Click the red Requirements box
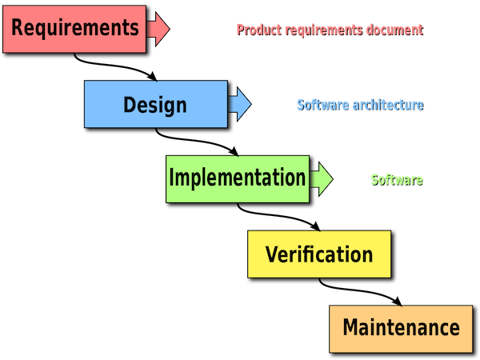click(74, 29)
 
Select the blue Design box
click(156, 104)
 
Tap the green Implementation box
click(238, 179)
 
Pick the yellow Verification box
click(319, 254)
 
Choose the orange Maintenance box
click(401, 329)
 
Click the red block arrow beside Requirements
click(158, 29)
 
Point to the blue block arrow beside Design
click(240, 104)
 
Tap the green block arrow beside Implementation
click(322, 179)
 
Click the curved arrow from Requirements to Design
click(114, 66)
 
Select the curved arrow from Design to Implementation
click(196, 141)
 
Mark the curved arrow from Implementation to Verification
click(278, 215)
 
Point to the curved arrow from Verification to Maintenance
click(359, 290)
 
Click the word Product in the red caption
click(259, 30)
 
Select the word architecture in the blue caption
click(388, 105)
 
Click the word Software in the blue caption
click(323, 105)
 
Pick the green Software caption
click(397, 180)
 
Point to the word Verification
click(319, 254)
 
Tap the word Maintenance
click(401, 327)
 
